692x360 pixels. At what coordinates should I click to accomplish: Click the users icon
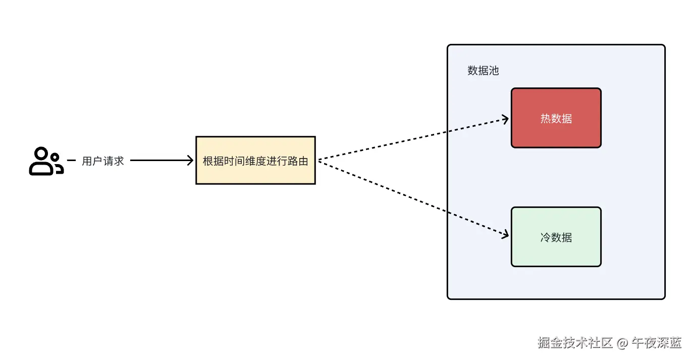click(x=46, y=161)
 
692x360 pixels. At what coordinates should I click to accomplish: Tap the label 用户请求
click(x=103, y=161)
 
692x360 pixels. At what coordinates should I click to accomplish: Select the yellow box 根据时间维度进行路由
click(x=255, y=160)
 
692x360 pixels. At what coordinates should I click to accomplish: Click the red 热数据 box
click(x=556, y=118)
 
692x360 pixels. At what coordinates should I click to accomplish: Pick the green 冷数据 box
click(x=556, y=237)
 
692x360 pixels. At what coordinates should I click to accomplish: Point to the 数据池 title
click(x=483, y=71)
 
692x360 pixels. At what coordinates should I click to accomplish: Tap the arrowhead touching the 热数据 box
click(x=505, y=119)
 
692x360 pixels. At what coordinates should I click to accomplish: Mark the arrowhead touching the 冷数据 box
click(x=505, y=235)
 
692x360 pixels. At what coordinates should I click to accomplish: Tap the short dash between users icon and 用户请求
click(x=71, y=161)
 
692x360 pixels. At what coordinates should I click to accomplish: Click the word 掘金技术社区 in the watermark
click(x=575, y=343)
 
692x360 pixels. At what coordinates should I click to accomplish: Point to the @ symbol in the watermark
click(x=622, y=343)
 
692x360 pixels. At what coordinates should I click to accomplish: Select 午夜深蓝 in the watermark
click(x=657, y=343)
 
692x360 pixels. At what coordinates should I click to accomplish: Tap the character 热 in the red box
click(x=546, y=119)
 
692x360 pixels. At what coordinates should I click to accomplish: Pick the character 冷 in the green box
click(x=546, y=237)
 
